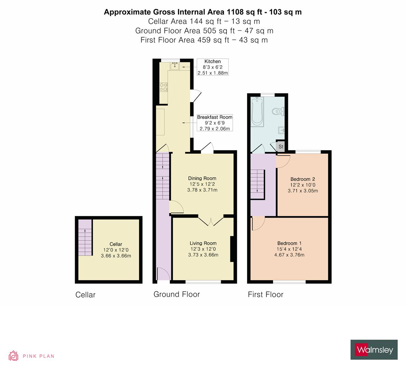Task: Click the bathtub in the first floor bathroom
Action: click(257, 112)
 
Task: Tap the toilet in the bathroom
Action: click(277, 111)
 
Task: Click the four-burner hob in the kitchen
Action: click(163, 87)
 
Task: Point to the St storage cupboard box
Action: click(281, 147)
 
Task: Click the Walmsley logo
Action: click(374, 350)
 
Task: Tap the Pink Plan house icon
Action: click(13, 356)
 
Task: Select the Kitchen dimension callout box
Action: click(213, 67)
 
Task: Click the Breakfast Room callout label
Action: click(214, 123)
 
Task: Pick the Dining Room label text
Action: click(202, 178)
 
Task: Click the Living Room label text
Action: click(203, 243)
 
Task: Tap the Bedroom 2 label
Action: click(302, 179)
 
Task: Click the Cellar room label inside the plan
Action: click(116, 244)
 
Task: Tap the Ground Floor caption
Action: click(176, 294)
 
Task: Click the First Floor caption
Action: click(266, 295)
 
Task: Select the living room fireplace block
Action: click(232, 249)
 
